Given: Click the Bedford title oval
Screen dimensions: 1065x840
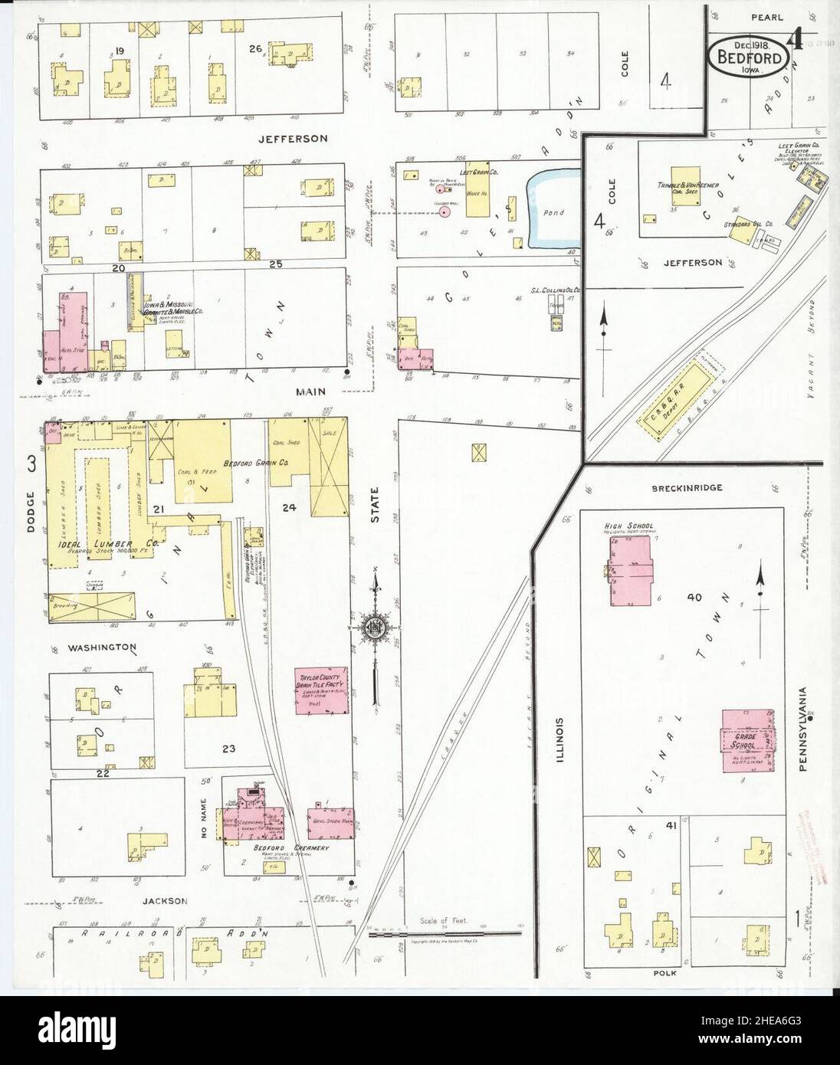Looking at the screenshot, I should [x=750, y=56].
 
